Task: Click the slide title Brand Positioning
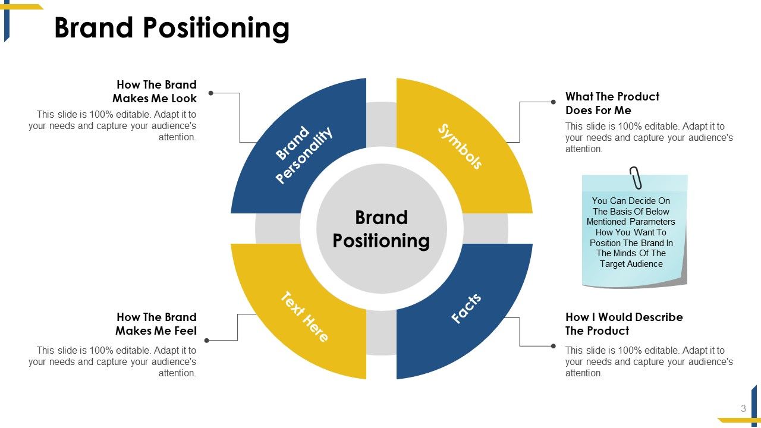click(x=172, y=28)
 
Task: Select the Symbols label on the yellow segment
click(x=460, y=146)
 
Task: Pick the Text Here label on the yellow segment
click(x=304, y=316)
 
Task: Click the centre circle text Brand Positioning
click(x=381, y=229)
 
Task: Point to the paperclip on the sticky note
click(x=636, y=178)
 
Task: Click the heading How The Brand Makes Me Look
click(x=156, y=92)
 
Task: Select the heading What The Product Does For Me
click(x=612, y=103)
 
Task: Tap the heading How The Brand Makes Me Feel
click(x=156, y=324)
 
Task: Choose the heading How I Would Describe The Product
click(x=624, y=324)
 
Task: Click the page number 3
click(x=743, y=408)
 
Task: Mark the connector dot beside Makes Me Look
click(x=211, y=93)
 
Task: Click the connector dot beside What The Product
click(x=554, y=102)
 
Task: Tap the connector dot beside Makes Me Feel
click(x=207, y=341)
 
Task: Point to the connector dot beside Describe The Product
click(x=554, y=345)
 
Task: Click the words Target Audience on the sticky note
click(x=631, y=264)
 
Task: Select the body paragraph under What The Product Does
click(x=649, y=137)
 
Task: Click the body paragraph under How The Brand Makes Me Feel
click(x=113, y=361)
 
